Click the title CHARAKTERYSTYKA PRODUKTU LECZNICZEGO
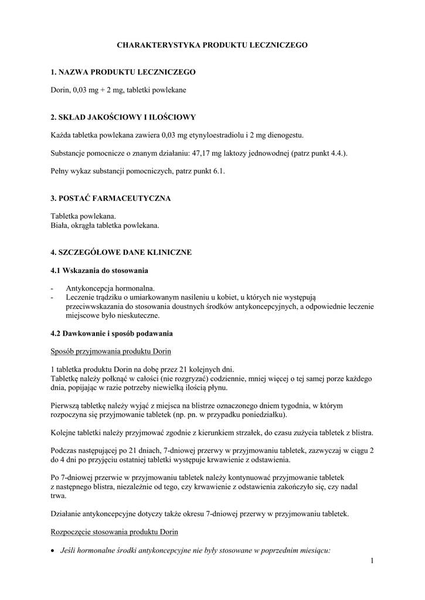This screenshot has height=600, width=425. point(212,45)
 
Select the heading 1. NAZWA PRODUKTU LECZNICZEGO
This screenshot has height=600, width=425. point(123,72)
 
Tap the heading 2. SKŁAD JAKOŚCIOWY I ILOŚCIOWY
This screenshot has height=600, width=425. point(123,117)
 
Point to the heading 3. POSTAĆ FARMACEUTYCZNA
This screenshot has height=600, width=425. point(111,199)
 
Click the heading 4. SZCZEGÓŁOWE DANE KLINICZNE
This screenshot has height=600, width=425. point(121,253)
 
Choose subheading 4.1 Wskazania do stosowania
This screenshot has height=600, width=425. point(99,271)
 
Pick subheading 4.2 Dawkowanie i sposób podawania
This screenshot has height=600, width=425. point(111,333)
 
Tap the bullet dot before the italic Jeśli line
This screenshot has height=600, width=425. point(53,551)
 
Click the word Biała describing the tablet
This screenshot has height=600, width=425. point(60,226)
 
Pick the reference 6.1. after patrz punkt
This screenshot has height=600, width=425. point(217,172)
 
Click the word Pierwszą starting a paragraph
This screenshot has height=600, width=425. point(67,405)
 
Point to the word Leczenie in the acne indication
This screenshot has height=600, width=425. point(80,298)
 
